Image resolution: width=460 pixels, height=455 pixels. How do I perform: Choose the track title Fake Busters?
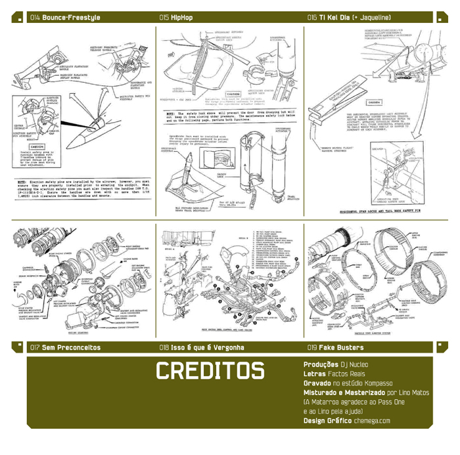pyautogui.click(x=341, y=347)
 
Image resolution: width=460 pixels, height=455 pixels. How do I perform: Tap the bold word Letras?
pyautogui.click(x=315, y=373)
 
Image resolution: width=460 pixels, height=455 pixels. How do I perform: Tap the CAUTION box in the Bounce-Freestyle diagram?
pyautogui.click(x=37, y=147)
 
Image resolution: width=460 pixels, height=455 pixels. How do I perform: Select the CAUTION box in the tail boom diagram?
pyautogui.click(x=375, y=102)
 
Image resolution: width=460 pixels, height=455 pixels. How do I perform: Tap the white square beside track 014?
pyautogui.click(x=18, y=18)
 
